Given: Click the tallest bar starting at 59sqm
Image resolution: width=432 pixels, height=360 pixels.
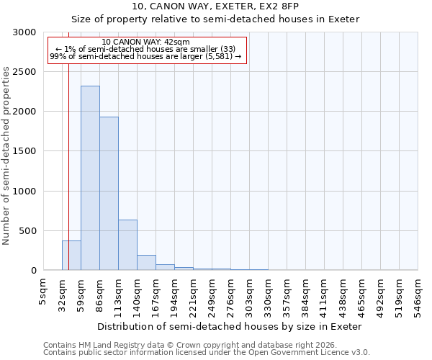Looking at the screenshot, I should point(90,178).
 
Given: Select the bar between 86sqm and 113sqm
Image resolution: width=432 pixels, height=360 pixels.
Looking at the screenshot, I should point(109,193).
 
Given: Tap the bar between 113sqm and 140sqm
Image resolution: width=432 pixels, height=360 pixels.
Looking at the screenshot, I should point(127,245).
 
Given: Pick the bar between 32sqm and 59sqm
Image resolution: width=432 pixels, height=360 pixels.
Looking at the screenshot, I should point(71,256).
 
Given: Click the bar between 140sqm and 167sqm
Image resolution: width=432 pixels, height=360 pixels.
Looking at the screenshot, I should point(146,263).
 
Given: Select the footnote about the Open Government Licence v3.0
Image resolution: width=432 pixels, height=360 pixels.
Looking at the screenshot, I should point(207,353).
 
